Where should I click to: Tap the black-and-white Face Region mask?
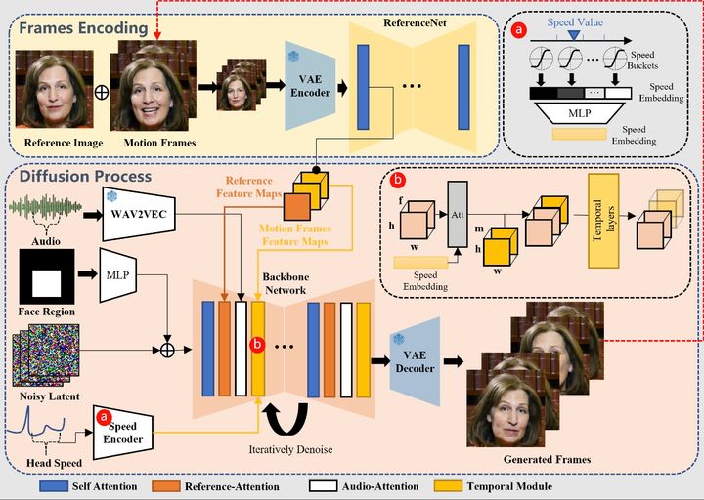pos(47,281)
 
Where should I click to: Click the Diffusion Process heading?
pos(83,177)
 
